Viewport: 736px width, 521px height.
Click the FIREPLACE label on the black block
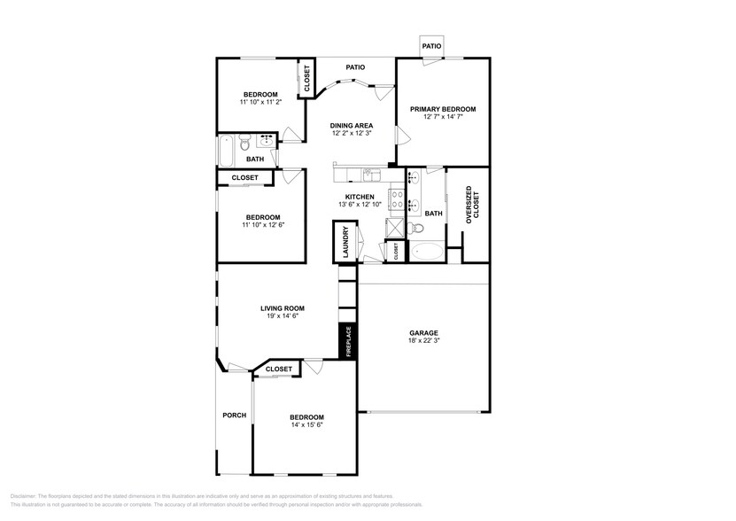[348, 341]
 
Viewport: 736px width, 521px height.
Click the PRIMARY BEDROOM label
[442, 109]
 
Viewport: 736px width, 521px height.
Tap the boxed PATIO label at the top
[431, 45]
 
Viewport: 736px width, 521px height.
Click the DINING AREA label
[352, 126]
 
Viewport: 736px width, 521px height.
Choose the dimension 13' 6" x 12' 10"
[360, 205]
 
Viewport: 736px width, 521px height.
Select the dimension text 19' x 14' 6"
[279, 316]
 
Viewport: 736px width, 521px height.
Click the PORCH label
[234, 415]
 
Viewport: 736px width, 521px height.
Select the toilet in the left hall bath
[244, 140]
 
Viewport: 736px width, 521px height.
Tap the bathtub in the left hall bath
[225, 152]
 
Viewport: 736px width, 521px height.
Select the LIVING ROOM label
[279, 308]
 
